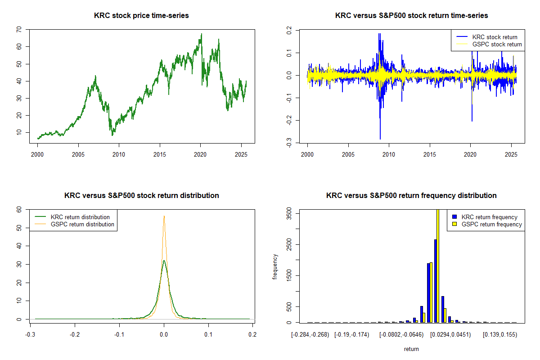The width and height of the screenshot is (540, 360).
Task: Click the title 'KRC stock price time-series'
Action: click(x=141, y=16)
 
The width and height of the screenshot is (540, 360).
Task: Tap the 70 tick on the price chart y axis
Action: click(x=18, y=30)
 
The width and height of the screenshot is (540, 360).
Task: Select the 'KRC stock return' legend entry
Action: click(x=495, y=37)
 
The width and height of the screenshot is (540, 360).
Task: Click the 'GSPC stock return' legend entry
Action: click(x=497, y=45)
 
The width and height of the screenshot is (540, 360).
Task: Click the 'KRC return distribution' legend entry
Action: click(x=80, y=217)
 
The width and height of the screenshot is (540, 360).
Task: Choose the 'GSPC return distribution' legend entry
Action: click(x=82, y=224)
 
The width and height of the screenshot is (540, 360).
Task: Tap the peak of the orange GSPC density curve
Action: click(x=164, y=216)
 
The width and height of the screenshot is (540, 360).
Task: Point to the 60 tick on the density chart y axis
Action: click(x=18, y=210)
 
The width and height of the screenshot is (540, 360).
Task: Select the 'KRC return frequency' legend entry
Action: click(x=489, y=217)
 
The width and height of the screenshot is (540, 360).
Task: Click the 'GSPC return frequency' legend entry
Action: click(x=491, y=224)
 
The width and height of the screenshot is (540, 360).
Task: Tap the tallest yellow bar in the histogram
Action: click(x=438, y=265)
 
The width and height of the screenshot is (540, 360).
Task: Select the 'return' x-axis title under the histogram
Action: click(x=411, y=349)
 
